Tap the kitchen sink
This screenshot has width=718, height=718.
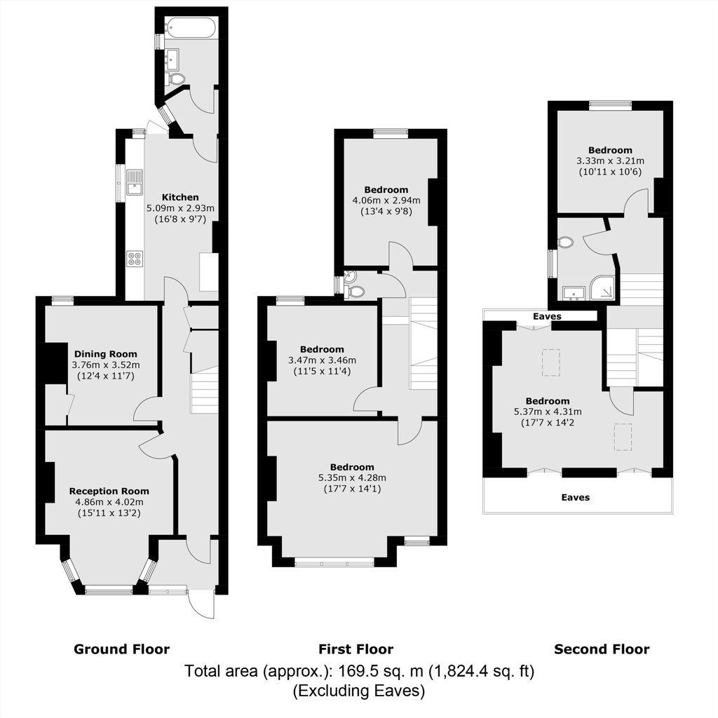135,183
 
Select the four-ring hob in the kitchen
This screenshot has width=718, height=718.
135,259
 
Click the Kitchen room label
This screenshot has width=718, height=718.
180,197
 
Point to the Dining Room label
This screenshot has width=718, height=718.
106,354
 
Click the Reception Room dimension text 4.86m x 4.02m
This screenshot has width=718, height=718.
109,502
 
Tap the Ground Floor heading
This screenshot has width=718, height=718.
122,649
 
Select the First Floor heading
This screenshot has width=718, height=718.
355,649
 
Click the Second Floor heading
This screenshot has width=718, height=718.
602,649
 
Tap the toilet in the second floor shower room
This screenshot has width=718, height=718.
565,242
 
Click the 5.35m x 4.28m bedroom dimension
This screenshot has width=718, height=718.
352,478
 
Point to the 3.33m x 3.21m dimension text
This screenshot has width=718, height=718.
611,161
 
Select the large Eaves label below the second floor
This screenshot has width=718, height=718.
576,497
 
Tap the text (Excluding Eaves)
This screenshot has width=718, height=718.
359,691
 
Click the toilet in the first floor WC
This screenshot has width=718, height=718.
355,291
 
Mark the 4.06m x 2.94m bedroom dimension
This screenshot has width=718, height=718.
386,201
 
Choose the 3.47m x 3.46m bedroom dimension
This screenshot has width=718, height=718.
323,360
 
